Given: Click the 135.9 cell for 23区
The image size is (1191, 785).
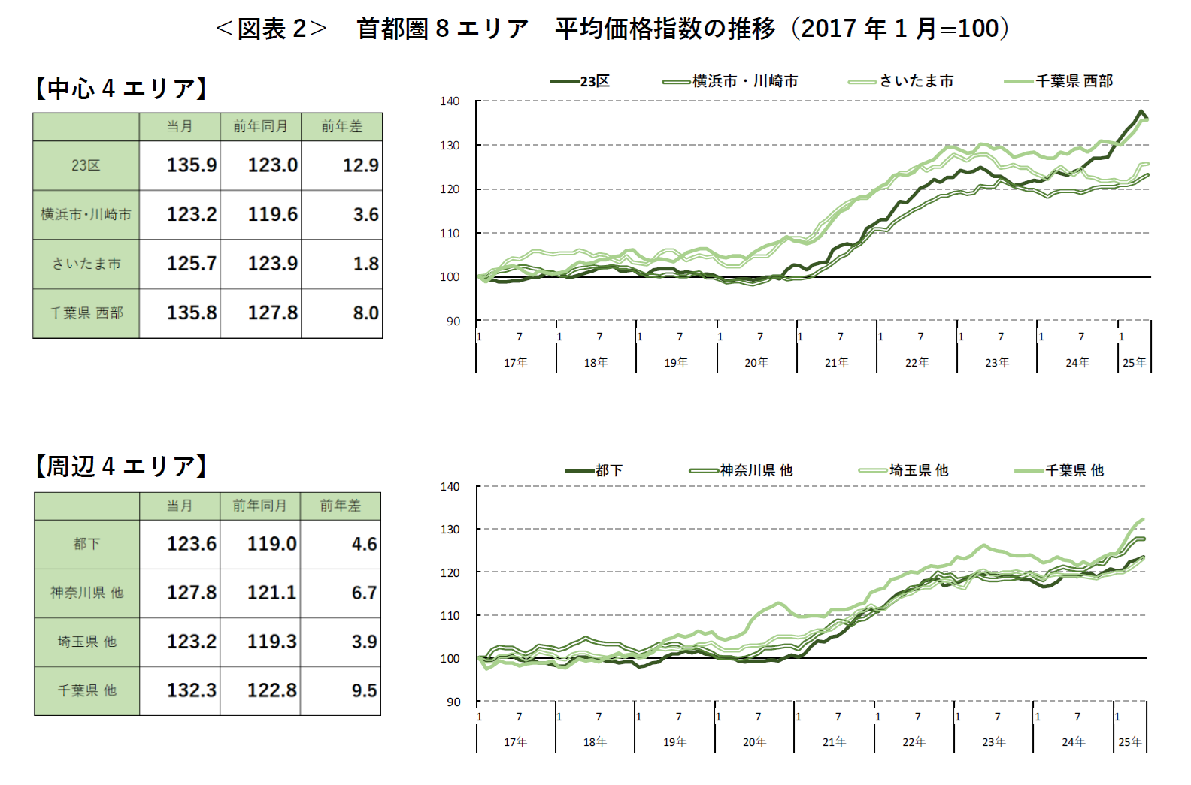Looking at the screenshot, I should point(191,165).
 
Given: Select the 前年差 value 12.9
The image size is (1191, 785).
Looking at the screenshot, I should point(360,165).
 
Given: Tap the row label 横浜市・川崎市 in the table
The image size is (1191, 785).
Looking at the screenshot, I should point(86,215).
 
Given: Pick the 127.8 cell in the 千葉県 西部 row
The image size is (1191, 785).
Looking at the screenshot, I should point(272,312).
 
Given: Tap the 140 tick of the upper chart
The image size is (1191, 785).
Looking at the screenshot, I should point(450,101).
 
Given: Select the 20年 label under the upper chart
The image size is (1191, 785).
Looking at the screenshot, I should point(756,363).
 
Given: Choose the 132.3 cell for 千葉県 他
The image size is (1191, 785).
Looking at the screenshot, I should point(191,690).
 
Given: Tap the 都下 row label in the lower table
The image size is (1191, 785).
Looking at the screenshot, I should point(86,544).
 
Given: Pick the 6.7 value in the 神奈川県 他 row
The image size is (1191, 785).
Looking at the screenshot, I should point(364,593).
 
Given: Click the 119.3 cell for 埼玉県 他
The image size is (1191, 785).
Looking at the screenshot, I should point(271,642).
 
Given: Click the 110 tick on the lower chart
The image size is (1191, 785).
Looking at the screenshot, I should point(450,616).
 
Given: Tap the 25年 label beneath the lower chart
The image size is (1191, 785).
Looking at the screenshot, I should point(1129,742).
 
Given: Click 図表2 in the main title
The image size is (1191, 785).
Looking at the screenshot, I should point(271,29).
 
